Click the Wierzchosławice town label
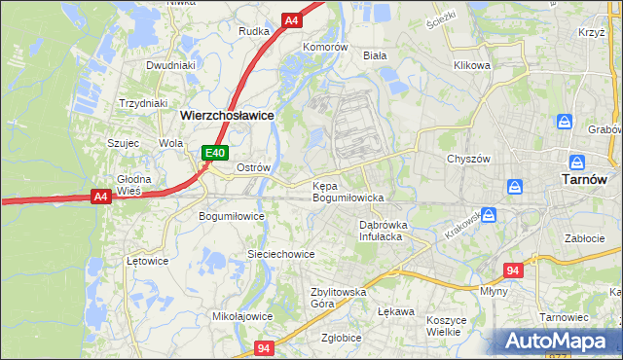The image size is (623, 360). point(226,115)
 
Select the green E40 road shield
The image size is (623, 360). point(215,153)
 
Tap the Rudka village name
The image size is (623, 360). point(253,31)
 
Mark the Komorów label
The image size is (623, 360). point(324,47)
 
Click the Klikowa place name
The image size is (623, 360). point(471,66)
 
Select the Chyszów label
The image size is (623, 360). point(465,159)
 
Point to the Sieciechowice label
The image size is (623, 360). point(280,254)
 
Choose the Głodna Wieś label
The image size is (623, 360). point(134,185)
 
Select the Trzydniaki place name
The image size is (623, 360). point(143,103)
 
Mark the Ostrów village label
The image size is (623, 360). point(253,167)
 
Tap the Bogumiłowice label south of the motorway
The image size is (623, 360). point(232,216)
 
